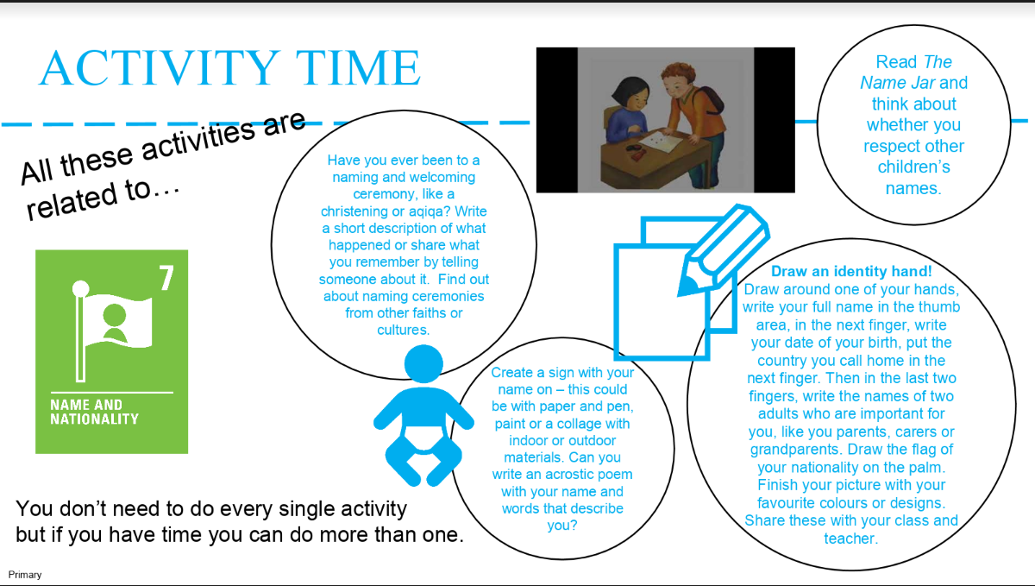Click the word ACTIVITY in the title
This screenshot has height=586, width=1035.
(x=160, y=68)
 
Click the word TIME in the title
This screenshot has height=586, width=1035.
(x=358, y=68)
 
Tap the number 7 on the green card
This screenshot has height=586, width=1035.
(x=166, y=278)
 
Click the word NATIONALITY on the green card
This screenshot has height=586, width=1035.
(x=94, y=419)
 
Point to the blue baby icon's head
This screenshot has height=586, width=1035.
(x=423, y=364)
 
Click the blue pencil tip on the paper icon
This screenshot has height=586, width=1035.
(x=687, y=285)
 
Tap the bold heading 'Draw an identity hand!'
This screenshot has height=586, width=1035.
(x=851, y=271)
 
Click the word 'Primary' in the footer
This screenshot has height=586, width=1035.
(x=25, y=575)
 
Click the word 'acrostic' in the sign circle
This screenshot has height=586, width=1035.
(x=571, y=474)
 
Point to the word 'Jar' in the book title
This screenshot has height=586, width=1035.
(x=923, y=83)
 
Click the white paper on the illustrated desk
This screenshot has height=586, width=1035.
(x=659, y=142)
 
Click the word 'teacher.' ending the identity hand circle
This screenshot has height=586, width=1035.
(x=851, y=539)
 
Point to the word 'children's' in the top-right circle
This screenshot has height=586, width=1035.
(x=913, y=167)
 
